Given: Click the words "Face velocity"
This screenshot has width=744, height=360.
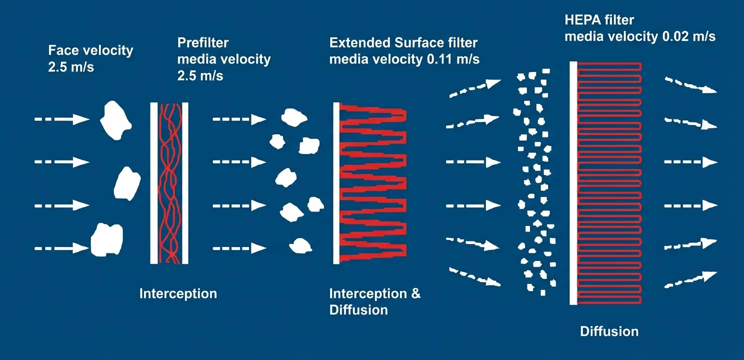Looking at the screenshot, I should pos(90,50).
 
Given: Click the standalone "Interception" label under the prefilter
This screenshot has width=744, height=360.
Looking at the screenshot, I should pos(178,293).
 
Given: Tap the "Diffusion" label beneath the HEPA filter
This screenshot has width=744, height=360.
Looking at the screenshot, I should pos(609,331).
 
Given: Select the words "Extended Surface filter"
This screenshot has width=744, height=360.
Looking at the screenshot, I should pos(403,43).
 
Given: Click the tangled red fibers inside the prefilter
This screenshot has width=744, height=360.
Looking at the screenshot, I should pos(170,182).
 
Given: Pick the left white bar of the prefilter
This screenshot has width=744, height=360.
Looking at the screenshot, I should pos(154,182).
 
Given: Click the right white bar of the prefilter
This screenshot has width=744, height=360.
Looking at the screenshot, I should pos(185,182).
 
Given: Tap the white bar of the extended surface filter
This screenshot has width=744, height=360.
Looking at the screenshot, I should pos(336,182).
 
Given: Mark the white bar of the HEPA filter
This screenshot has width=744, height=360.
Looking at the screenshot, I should pos(573,182).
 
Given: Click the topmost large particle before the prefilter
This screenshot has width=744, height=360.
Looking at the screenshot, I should pos(115,120).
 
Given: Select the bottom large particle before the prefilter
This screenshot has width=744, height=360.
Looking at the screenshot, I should pos(106,239).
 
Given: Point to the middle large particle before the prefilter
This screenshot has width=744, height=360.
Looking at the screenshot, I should pos(127,183).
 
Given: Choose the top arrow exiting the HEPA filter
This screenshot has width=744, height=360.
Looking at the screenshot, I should pos(690,85).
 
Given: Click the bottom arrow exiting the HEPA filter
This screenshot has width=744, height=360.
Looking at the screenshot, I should pos(690,279).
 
